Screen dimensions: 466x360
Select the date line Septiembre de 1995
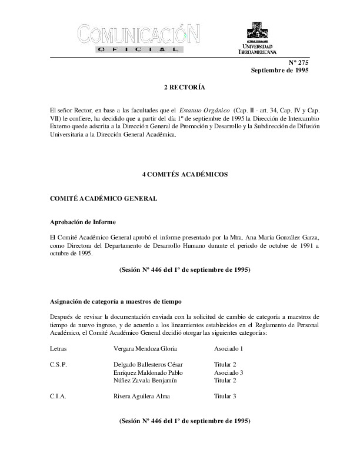tap(279, 70)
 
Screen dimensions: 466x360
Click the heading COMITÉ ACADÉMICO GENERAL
tap(104, 198)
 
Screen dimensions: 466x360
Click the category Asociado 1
tap(229, 348)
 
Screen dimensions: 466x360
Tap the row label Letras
tap(59, 348)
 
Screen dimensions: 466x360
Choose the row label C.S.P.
tap(59, 364)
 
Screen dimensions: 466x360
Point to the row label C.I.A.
tap(59, 397)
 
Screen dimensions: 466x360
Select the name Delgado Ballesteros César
tap(148, 364)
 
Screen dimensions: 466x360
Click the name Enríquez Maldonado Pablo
tap(148, 372)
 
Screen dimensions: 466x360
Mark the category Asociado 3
tap(229, 372)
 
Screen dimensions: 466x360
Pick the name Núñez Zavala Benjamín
tap(145, 381)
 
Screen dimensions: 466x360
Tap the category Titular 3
tap(226, 397)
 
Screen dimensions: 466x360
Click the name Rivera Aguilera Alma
tap(141, 397)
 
